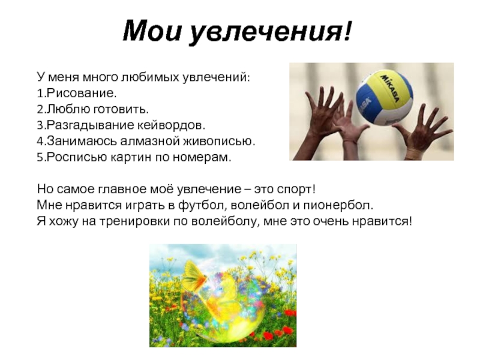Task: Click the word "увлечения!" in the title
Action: point(271,31)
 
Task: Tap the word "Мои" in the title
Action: point(152,31)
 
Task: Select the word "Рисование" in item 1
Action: point(80,93)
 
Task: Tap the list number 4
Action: point(40,141)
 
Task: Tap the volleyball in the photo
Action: point(384,97)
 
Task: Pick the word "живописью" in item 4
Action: point(217,141)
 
